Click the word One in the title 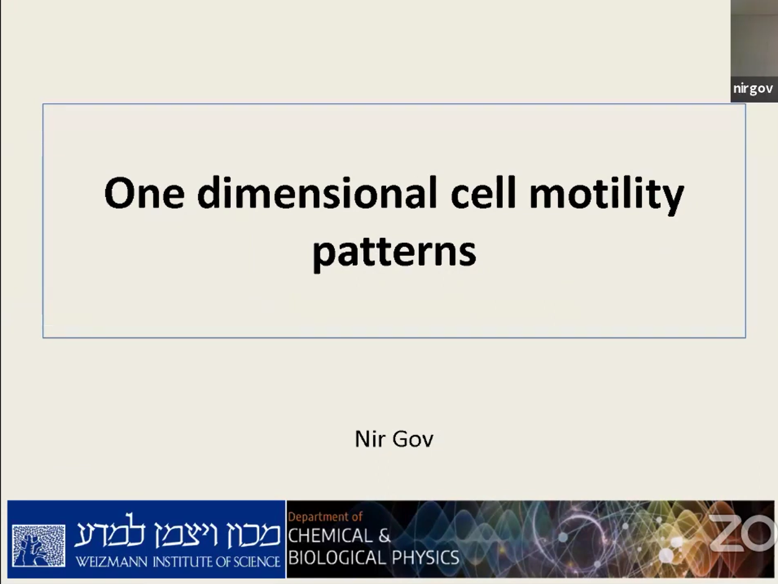(144, 193)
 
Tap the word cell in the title (483, 192)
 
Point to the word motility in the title (606, 196)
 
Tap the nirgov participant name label (753, 89)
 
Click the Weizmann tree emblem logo (39, 545)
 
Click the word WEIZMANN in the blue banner (112, 562)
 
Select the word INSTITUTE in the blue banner (186, 562)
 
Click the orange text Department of (325, 517)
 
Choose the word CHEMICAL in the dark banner (330, 536)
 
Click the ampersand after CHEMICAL (384, 536)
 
